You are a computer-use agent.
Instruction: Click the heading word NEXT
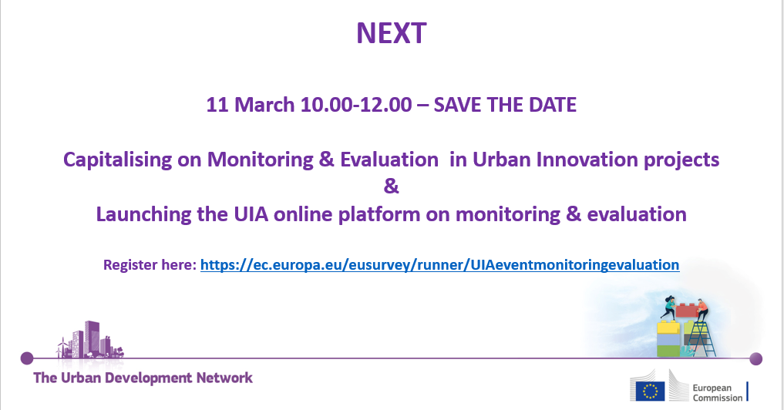[x=392, y=33]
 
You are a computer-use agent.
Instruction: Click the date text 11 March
[x=250, y=105]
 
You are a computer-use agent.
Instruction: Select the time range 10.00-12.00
[x=356, y=105]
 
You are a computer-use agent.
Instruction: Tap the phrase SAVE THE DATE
[x=505, y=105]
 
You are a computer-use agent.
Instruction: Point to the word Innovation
[x=587, y=160]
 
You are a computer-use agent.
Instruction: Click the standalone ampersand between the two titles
[x=391, y=187]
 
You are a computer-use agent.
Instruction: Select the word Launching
[x=143, y=214]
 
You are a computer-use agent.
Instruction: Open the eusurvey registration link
[x=440, y=264]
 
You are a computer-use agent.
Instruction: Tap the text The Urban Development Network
[x=143, y=378]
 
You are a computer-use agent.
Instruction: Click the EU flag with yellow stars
[x=650, y=391]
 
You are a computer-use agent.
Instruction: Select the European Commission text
[x=718, y=392]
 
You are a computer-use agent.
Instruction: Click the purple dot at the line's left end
[x=27, y=358]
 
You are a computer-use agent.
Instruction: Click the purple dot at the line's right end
[x=756, y=358]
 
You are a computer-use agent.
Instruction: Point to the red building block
[x=688, y=311]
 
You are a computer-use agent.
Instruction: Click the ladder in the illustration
[x=702, y=339]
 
